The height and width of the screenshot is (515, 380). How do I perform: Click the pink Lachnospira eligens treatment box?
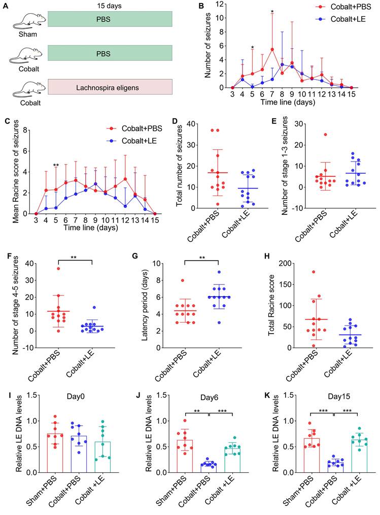[x=110, y=87]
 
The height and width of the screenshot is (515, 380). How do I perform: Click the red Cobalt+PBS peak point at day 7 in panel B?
[x=272, y=49]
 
